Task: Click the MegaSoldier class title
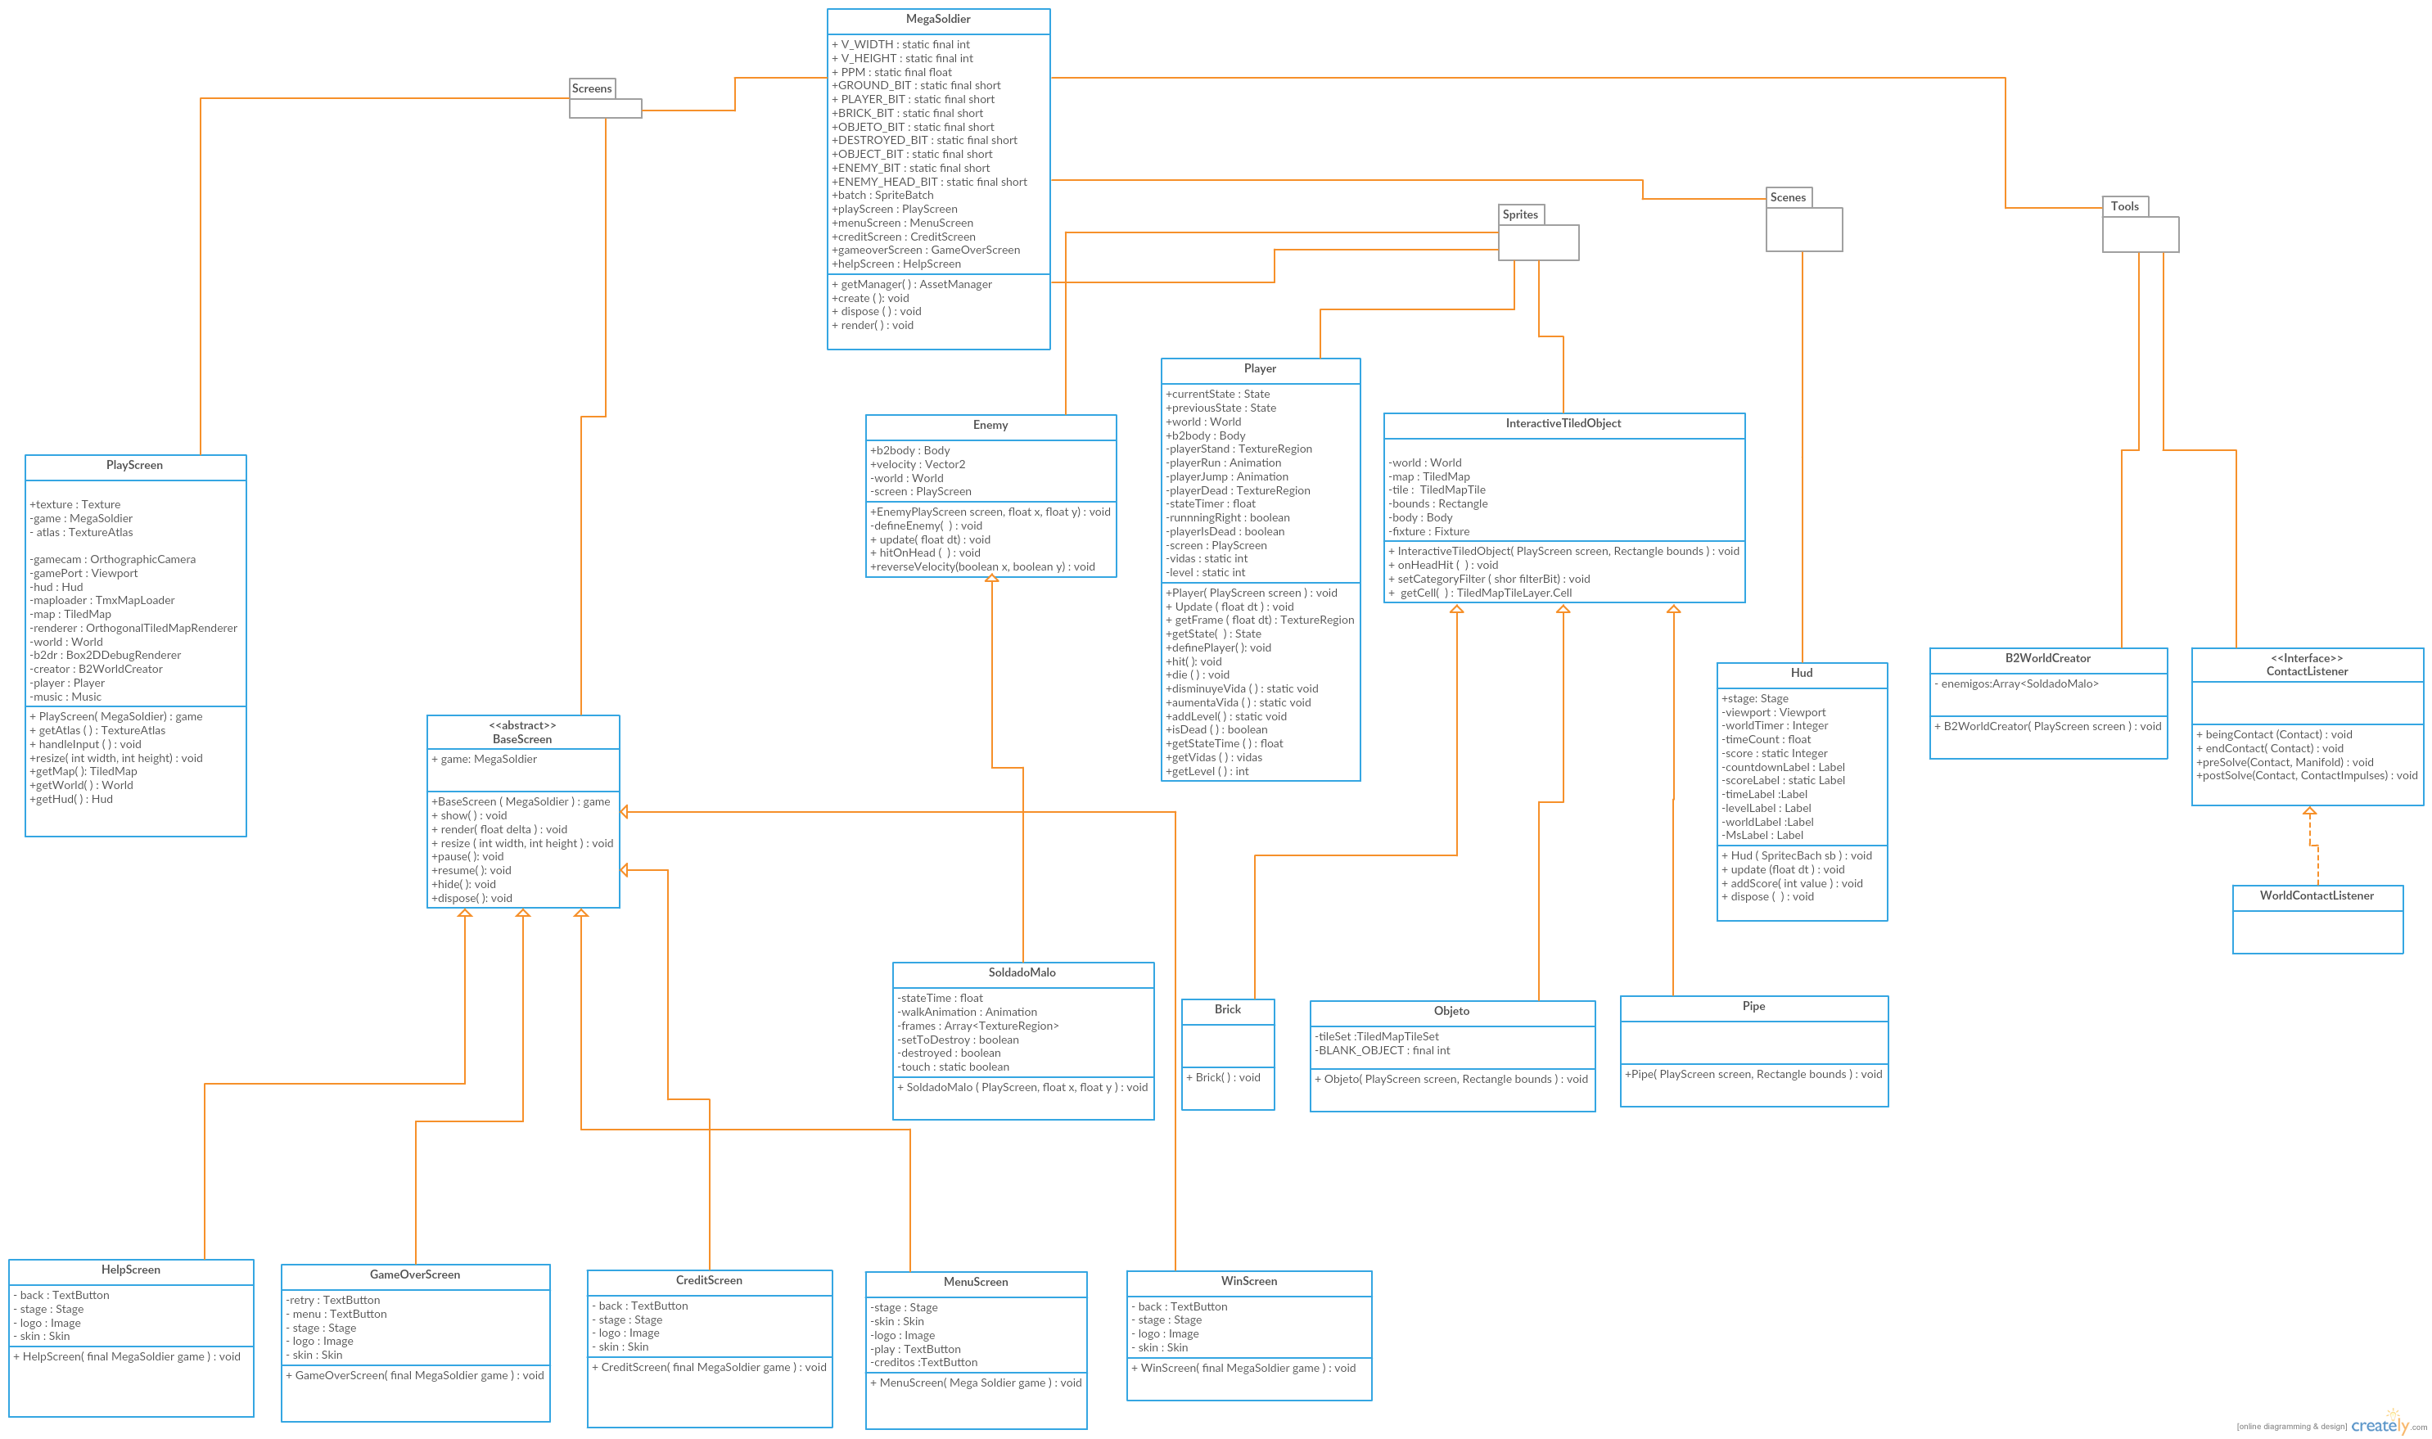[x=938, y=20]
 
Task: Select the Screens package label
[x=592, y=88]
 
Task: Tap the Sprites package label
[x=1519, y=214]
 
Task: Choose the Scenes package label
[x=1787, y=196]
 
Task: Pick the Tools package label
[x=2123, y=205]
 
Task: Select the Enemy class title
[x=990, y=425]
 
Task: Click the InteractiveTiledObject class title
[x=1563, y=423]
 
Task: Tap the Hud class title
[x=1801, y=673]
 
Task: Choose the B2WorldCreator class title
[x=2047, y=658]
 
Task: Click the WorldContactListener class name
[x=2317, y=895]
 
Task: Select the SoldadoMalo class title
[x=1022, y=972]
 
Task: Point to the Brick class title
[x=1228, y=1009]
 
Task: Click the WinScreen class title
[x=1249, y=1281]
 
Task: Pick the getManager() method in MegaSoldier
[x=912, y=284]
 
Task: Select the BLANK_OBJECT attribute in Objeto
[x=1382, y=1050]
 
